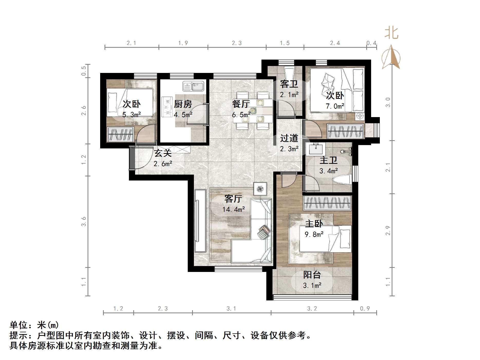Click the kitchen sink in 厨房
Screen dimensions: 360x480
[x=193, y=86]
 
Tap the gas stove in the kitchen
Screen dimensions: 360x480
[x=167, y=107]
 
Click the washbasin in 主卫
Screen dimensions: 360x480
[x=316, y=149]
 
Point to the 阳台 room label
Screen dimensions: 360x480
[x=312, y=275]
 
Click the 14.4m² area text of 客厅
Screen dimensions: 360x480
[x=233, y=209]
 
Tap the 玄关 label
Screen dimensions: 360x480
[x=163, y=153]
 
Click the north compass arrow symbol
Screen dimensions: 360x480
[x=391, y=57]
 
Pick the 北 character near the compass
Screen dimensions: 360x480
[x=391, y=33]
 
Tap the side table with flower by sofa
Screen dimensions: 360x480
[x=260, y=189]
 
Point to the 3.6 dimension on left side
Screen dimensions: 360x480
[x=83, y=221]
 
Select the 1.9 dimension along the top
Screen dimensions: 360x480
[x=183, y=43]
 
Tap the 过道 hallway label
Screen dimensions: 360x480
[x=289, y=138]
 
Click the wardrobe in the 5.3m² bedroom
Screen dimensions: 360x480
[x=120, y=134]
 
